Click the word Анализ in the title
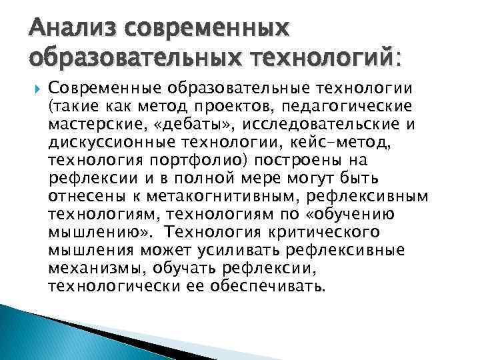(x=59, y=28)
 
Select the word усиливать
(x=239, y=250)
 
